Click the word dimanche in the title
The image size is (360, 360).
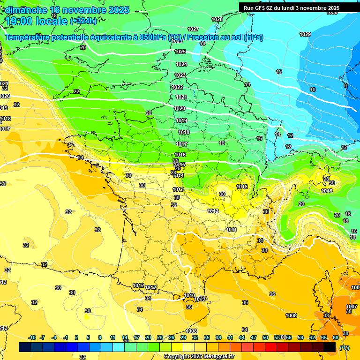pyautogui.click(x=26, y=10)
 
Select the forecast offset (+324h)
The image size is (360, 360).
pyautogui.click(x=83, y=21)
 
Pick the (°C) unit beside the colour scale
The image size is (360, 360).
pyautogui.click(x=344, y=348)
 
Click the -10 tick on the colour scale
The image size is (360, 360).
pyautogui.click(x=32, y=337)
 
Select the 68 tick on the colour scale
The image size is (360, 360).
pyautogui.click(x=336, y=337)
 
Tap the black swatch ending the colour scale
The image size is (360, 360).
pyautogui.click(x=330, y=347)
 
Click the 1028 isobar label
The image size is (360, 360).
pyautogui.click(x=217, y=19)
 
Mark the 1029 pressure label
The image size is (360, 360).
pyautogui.click(x=305, y=34)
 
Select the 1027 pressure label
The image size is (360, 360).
pyautogui.click(x=193, y=29)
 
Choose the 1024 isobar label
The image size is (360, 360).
pyautogui.click(x=181, y=64)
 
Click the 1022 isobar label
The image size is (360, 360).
pyautogui.click(x=177, y=87)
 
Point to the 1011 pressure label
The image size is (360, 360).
pyautogui.click(x=231, y=230)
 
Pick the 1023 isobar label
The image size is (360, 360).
pyautogui.click(x=180, y=75)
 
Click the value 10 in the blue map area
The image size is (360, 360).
pyautogui.click(x=313, y=90)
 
